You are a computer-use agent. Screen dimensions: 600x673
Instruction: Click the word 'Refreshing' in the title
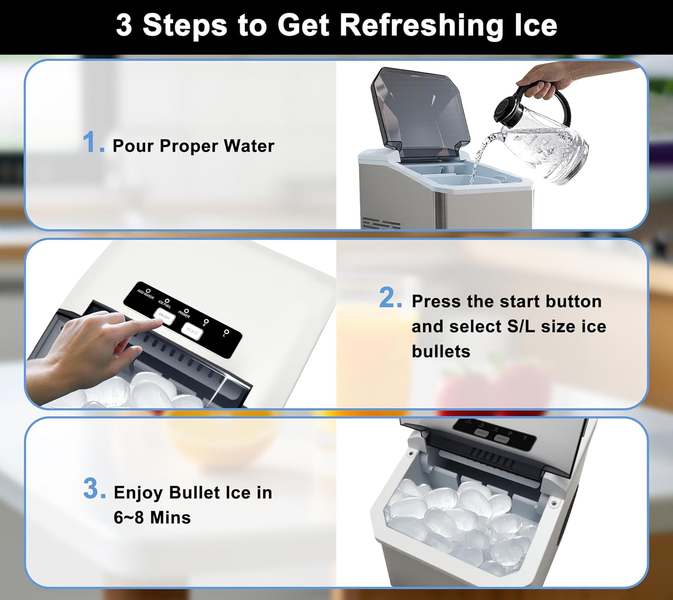pyautogui.click(x=421, y=26)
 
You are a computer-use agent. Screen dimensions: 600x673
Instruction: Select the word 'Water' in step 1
pyautogui.click(x=249, y=146)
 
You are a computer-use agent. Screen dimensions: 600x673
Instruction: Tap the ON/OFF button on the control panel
pyautogui.click(x=164, y=315)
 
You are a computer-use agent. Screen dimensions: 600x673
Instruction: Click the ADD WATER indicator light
pyautogui.click(x=148, y=291)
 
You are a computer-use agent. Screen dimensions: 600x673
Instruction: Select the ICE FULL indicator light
pyautogui.click(x=167, y=301)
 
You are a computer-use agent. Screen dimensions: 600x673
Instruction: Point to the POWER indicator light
pyautogui.click(x=187, y=311)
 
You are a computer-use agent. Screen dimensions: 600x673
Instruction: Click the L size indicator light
pyautogui.click(x=227, y=332)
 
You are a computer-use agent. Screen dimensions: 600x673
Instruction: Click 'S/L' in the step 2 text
pyautogui.click(x=520, y=327)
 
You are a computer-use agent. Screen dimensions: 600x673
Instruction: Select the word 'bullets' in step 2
pyautogui.click(x=441, y=352)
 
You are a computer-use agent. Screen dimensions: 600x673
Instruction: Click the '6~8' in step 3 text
pyautogui.click(x=129, y=518)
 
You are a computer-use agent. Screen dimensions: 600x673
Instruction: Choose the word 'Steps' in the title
pyautogui.click(x=184, y=26)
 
